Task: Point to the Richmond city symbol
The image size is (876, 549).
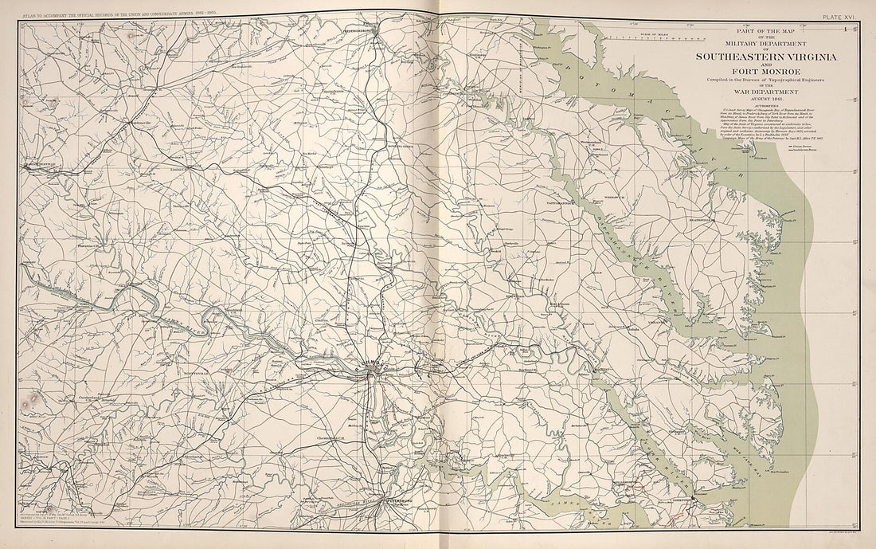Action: coord(371,369)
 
